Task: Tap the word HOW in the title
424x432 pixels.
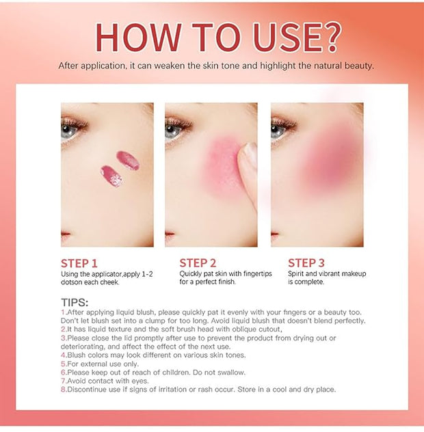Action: click(138, 37)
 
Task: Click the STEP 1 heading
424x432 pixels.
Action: click(79, 263)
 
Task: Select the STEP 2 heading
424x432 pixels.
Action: click(198, 263)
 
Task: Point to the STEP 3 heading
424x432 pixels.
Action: click(306, 263)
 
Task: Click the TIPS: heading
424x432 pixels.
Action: click(75, 303)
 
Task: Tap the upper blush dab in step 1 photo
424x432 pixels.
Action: click(128, 161)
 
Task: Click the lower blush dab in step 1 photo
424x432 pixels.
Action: click(111, 176)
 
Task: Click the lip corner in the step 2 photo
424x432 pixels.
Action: click(170, 234)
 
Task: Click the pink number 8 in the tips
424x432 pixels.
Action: click(63, 390)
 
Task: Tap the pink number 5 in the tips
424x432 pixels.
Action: click(63, 364)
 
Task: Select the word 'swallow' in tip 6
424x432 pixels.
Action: click(230, 373)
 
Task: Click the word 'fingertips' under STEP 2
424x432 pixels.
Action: click(256, 274)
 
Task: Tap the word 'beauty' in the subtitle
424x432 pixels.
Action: click(358, 66)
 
